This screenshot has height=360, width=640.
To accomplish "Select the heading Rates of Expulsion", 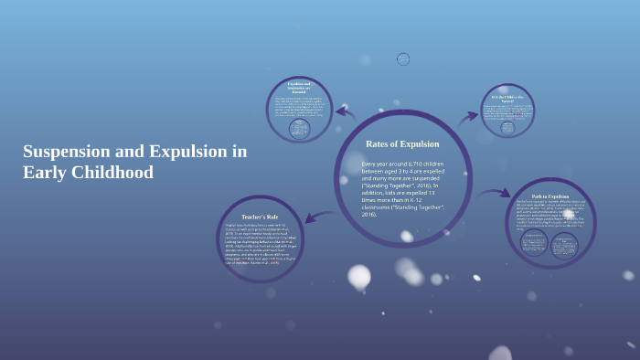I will [402, 143].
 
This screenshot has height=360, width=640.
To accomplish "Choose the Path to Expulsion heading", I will [550, 196].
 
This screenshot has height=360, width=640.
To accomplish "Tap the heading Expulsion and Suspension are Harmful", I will [300, 88].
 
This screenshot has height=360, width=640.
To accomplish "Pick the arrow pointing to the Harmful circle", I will [346, 113].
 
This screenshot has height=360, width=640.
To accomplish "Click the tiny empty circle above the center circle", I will [403, 59].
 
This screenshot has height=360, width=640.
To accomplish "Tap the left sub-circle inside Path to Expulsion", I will [535, 242].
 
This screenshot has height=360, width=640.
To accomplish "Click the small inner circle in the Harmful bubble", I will [299, 129].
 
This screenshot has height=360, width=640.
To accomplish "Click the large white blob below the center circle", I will [359, 276].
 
